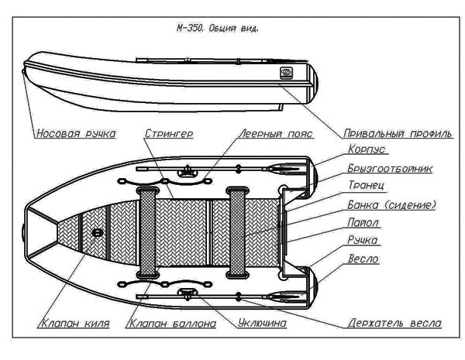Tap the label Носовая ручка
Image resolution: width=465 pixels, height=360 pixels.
click(x=76, y=133)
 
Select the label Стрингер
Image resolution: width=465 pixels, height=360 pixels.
click(x=168, y=133)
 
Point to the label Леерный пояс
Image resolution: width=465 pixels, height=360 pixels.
click(x=276, y=133)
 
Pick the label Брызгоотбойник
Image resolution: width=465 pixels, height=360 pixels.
click(x=390, y=169)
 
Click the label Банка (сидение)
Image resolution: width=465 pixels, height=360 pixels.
click(x=391, y=205)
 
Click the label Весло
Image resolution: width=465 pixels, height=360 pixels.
click(x=363, y=259)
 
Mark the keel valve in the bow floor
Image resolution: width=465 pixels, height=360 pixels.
click(x=98, y=232)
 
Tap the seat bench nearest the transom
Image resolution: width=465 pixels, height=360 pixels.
click(x=238, y=230)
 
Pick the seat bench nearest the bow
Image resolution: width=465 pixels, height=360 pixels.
click(x=147, y=230)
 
